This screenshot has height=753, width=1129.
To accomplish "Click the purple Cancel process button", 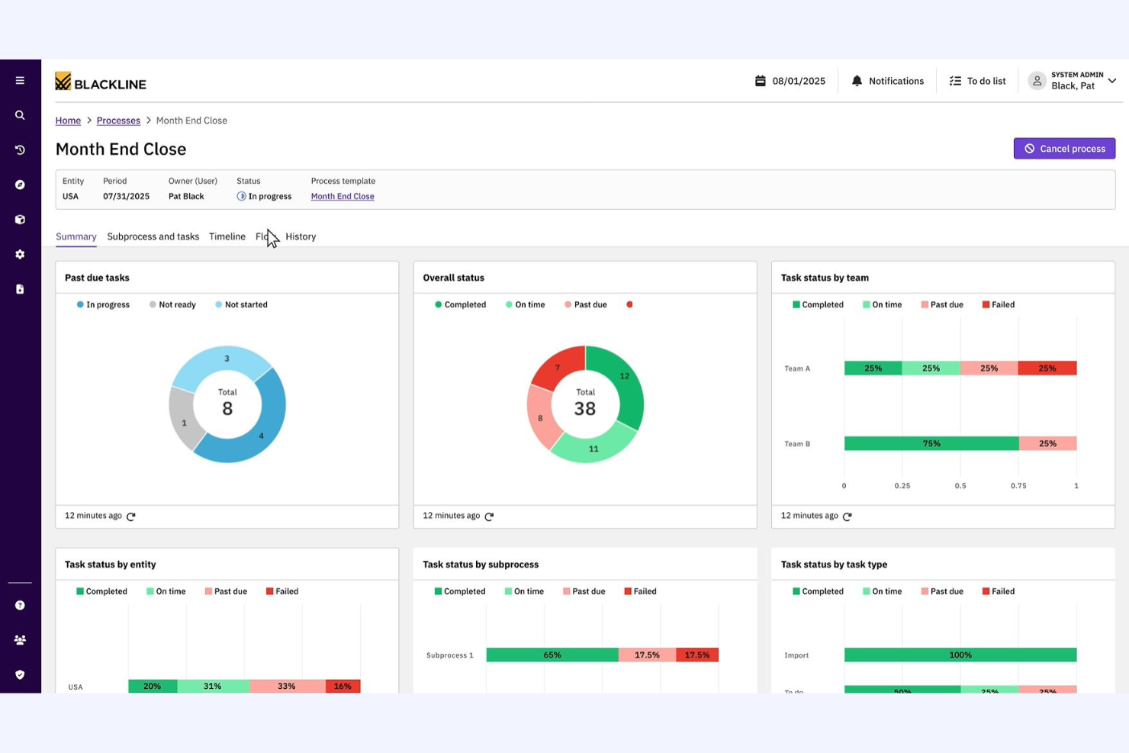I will pyautogui.click(x=1064, y=149).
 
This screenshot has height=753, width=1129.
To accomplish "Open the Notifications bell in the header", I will pyautogui.click(x=887, y=81).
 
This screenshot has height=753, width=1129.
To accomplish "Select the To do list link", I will pyautogui.click(x=977, y=81).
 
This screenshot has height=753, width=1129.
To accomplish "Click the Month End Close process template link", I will pyautogui.click(x=343, y=197).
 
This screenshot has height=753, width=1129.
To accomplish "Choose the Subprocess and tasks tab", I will pyautogui.click(x=153, y=237).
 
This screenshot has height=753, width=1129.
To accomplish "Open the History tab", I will pyautogui.click(x=301, y=237).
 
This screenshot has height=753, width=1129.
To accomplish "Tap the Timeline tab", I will pyautogui.click(x=227, y=237).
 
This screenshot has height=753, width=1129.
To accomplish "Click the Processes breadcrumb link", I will pyautogui.click(x=118, y=121).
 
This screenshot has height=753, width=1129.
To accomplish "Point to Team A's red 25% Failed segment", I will pyautogui.click(x=1047, y=368).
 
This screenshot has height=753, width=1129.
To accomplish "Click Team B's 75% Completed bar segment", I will pyautogui.click(x=931, y=444).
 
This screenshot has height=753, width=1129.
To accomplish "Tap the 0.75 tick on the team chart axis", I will pyautogui.click(x=1018, y=486).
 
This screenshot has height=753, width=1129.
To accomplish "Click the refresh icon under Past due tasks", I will pyautogui.click(x=131, y=516).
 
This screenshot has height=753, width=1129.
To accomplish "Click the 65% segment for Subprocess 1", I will pyautogui.click(x=552, y=655).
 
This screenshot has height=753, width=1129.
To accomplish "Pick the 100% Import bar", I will pyautogui.click(x=960, y=655).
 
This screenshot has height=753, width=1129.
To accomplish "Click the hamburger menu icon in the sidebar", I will pyautogui.click(x=20, y=81).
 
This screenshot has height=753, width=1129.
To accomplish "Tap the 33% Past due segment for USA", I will pyautogui.click(x=287, y=686).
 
